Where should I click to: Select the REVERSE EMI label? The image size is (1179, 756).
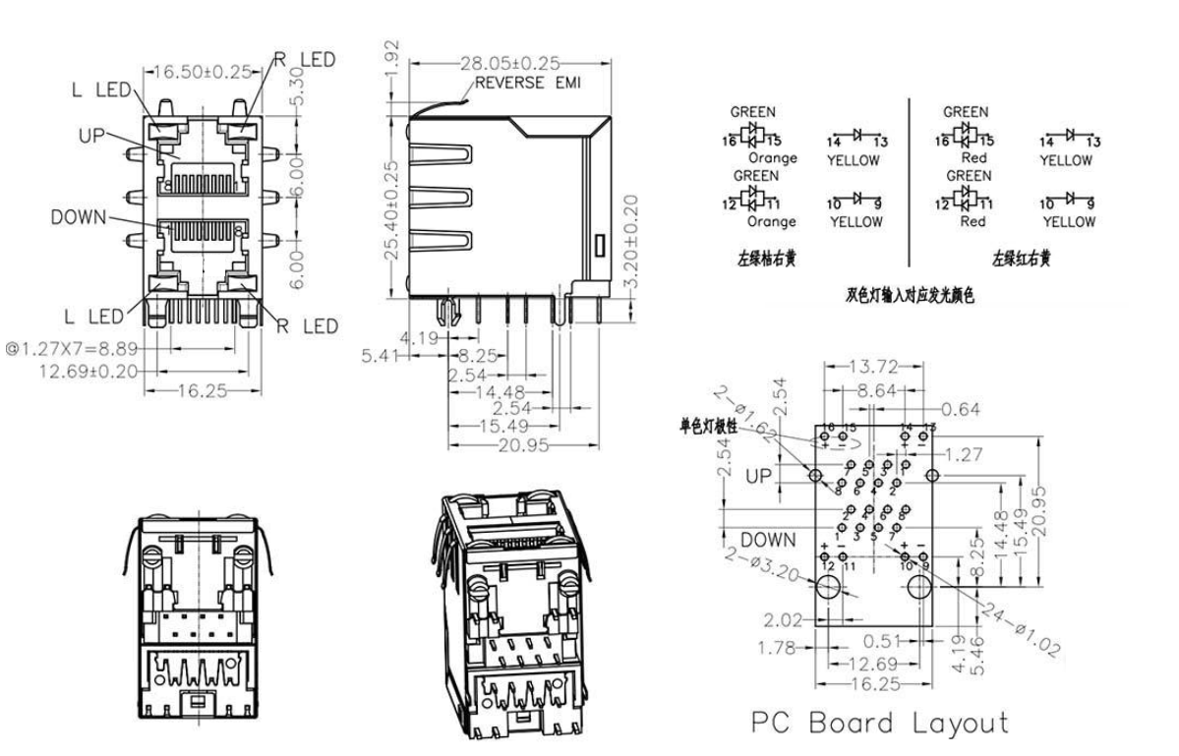click(x=528, y=84)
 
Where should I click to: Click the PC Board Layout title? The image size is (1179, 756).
click(x=880, y=724)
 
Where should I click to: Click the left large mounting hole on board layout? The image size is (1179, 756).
click(x=828, y=588)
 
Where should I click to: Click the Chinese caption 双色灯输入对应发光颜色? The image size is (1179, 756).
click(x=909, y=295)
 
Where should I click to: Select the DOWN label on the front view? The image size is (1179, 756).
click(x=78, y=217)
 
